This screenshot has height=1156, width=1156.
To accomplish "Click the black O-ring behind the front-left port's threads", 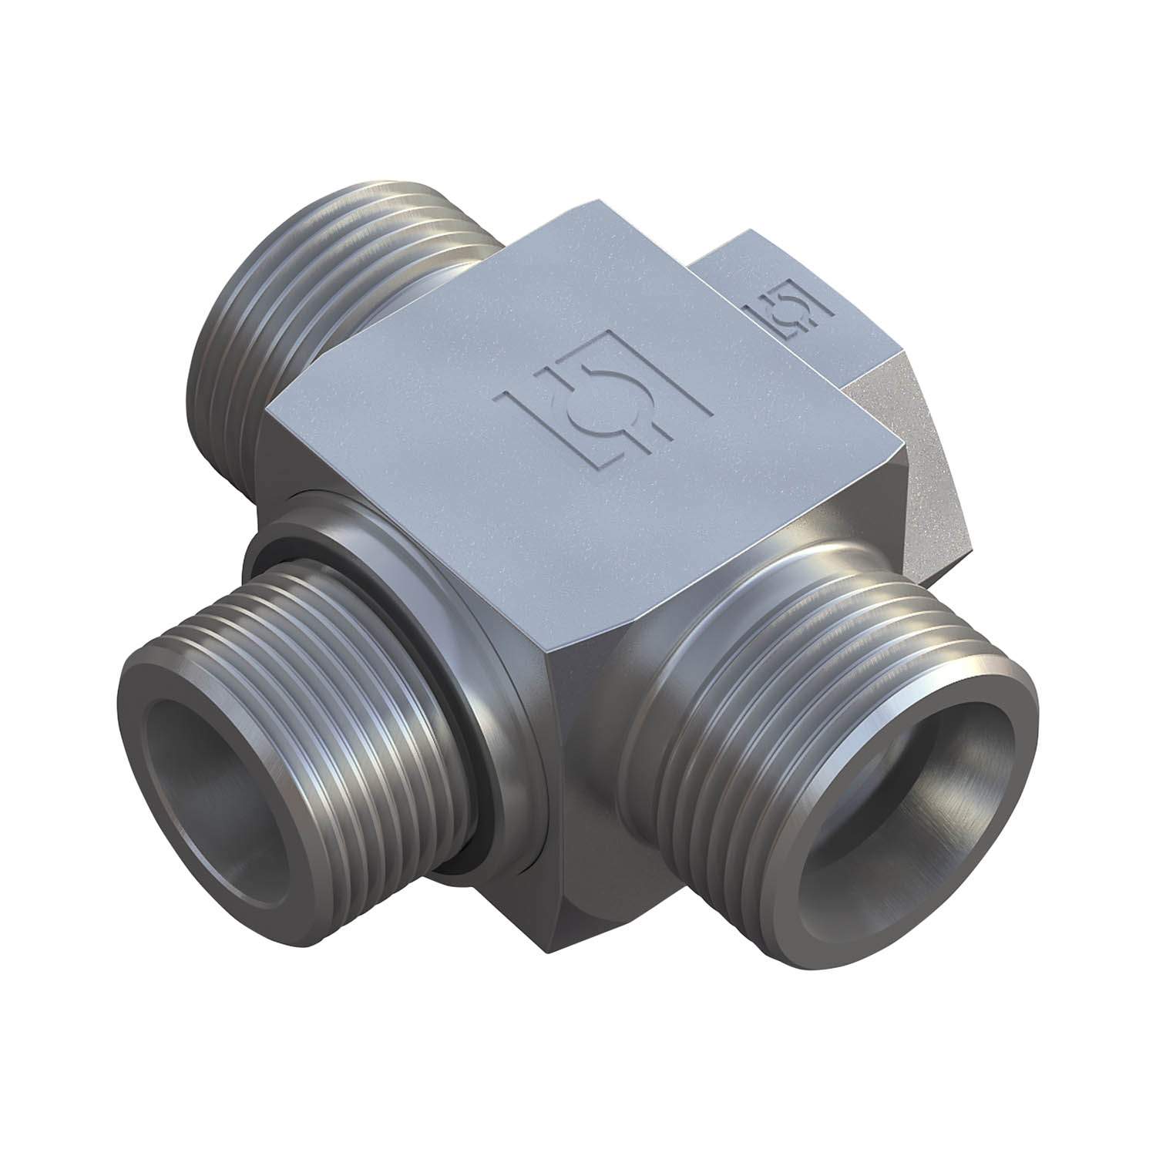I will coord(462,717).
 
